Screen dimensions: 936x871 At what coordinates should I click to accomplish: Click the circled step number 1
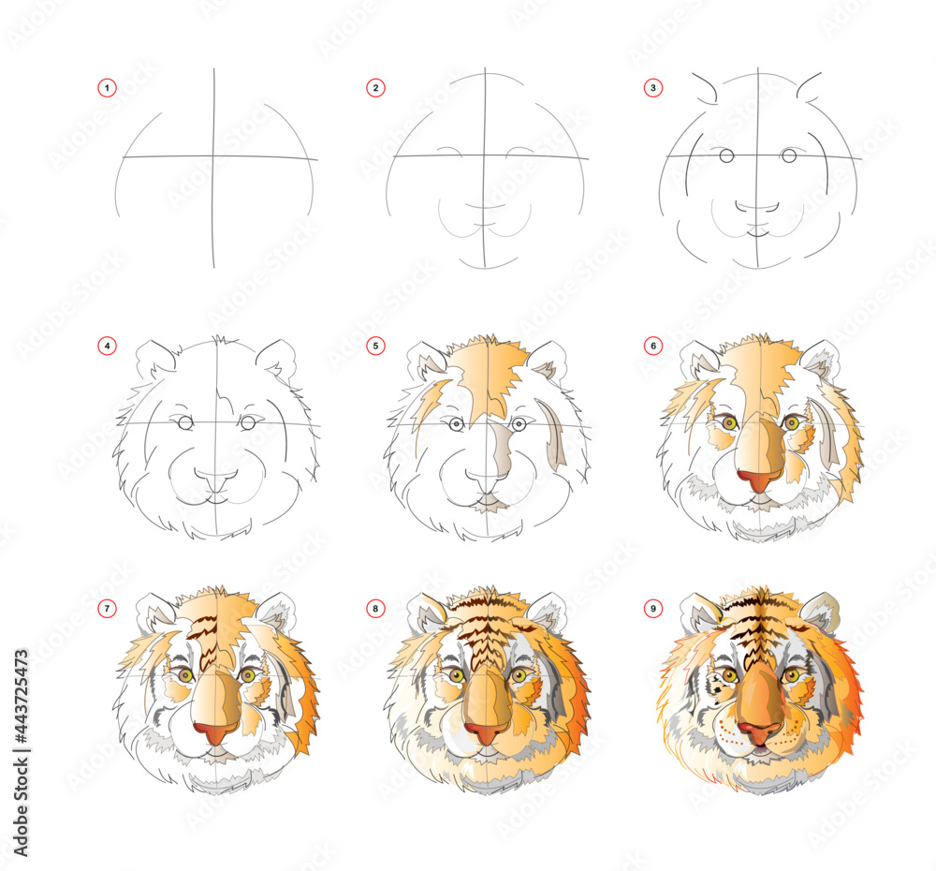click(107, 88)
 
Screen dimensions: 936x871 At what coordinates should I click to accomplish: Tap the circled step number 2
click(375, 88)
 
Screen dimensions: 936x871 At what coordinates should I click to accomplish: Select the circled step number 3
click(653, 88)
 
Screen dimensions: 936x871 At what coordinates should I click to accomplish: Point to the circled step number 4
click(107, 346)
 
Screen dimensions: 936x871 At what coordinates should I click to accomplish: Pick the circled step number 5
click(375, 346)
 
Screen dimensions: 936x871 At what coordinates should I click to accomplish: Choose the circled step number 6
click(653, 346)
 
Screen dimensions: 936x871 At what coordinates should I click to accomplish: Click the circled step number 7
click(107, 608)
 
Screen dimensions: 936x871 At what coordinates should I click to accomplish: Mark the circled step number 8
click(375, 608)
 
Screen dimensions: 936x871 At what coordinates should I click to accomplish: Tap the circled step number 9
click(653, 608)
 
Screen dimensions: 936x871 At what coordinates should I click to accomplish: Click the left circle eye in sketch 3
click(726, 155)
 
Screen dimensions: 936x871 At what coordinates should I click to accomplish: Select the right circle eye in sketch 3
click(789, 155)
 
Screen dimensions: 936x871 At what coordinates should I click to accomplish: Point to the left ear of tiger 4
click(154, 360)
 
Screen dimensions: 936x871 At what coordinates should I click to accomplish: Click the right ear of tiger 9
click(822, 611)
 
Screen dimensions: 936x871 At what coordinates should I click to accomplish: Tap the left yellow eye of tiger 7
click(185, 675)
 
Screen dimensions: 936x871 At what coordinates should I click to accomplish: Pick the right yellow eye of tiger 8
click(519, 675)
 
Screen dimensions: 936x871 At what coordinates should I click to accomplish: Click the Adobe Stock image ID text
click(22, 753)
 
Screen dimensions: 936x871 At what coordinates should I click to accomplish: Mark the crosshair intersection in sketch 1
click(213, 157)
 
